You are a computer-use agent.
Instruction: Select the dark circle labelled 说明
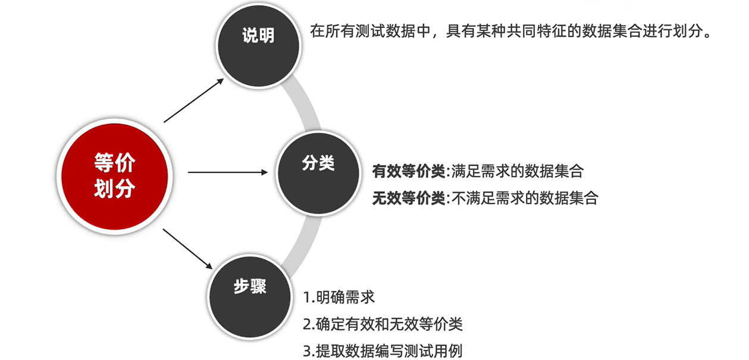tap(258, 36)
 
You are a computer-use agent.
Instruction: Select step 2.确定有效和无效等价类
tap(383, 324)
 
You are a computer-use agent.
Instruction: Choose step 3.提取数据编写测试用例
tap(383, 351)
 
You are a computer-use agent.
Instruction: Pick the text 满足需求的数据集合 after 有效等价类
tap(518, 172)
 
